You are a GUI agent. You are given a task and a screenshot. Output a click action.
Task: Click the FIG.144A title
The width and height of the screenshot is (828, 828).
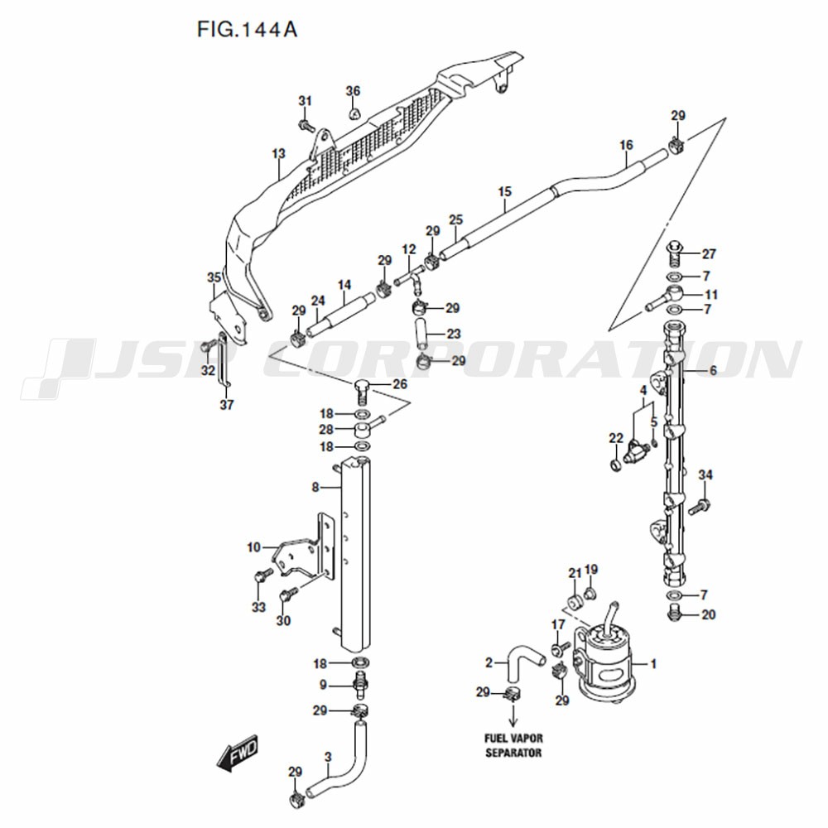pyautogui.click(x=247, y=30)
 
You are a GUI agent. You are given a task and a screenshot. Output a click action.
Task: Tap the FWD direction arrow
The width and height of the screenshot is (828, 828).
pyautogui.click(x=238, y=752)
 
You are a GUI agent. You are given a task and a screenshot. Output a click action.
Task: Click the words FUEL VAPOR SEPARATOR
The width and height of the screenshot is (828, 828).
pyautogui.click(x=513, y=745)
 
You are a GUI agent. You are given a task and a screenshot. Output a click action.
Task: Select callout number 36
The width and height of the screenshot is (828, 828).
pyautogui.click(x=353, y=91)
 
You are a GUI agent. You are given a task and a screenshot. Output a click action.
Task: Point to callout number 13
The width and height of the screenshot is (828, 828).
pyautogui.click(x=278, y=153)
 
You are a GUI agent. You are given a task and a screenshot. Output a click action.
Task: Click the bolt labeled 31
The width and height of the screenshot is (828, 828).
pyautogui.click(x=306, y=126)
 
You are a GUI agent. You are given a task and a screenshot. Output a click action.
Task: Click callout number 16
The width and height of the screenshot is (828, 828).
pyautogui.click(x=626, y=145)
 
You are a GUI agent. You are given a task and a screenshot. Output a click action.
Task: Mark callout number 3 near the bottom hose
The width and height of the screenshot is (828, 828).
pyautogui.click(x=328, y=758)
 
